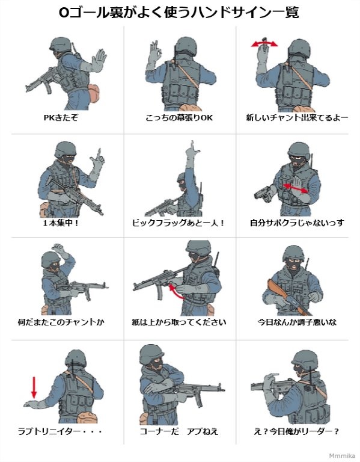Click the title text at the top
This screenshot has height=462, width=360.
(x=178, y=13)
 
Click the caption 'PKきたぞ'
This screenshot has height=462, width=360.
(x=61, y=118)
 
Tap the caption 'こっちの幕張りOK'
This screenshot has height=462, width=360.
(x=179, y=118)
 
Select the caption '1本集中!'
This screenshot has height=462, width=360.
(x=61, y=223)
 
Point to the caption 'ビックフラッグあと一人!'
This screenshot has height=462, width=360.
(x=178, y=223)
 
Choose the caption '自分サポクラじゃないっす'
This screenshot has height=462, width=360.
(x=297, y=223)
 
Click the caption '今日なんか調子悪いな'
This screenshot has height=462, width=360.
(x=297, y=322)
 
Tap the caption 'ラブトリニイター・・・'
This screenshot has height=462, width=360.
(x=60, y=432)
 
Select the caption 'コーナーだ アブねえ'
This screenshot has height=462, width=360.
(x=178, y=432)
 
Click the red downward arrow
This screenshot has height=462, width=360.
(x=34, y=387)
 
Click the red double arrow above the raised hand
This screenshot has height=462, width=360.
(x=264, y=44)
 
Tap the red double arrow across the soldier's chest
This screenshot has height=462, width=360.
(x=295, y=188)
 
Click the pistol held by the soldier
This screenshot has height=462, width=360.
(x=263, y=194)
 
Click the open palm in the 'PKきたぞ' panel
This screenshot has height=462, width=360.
(x=99, y=60)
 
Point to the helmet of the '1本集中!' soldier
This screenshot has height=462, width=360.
(x=66, y=149)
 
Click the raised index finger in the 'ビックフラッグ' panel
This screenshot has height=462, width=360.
(x=192, y=145)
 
